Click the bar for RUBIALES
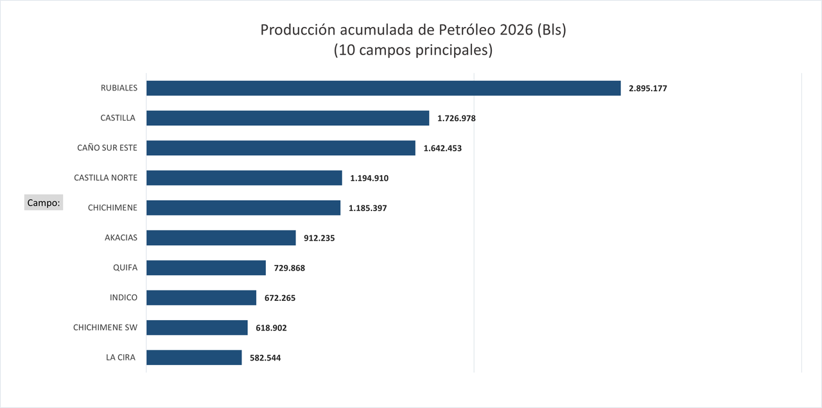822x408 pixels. [x=383, y=88]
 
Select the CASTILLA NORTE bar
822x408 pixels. [x=244, y=178]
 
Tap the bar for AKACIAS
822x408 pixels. [x=221, y=238]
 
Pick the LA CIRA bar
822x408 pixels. [x=194, y=357]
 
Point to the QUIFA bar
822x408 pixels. [x=206, y=268]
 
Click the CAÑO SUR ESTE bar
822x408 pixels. [x=281, y=148]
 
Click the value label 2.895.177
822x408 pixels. [x=648, y=89]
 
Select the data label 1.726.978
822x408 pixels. [x=456, y=119]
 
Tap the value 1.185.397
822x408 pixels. [x=367, y=208]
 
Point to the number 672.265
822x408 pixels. [x=280, y=298]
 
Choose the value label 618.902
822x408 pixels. [x=271, y=328]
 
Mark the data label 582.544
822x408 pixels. [x=265, y=358]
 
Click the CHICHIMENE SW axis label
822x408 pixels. [x=105, y=327]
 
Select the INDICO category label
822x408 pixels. [x=123, y=297]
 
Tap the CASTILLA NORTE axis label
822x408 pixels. [x=105, y=178]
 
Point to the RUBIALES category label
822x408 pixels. [x=119, y=88]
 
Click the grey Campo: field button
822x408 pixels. [x=44, y=203]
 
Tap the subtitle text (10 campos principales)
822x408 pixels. [x=413, y=51]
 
